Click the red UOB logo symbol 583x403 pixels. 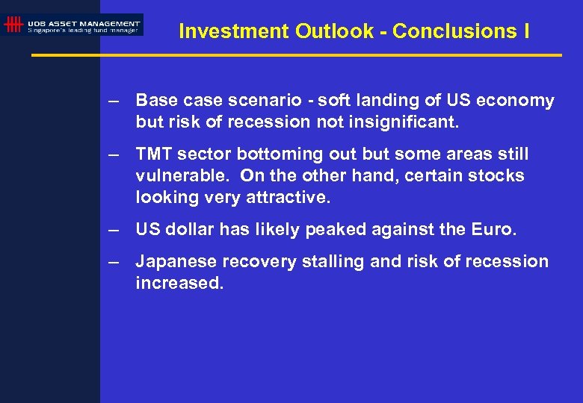[13, 25]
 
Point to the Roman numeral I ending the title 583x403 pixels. [527, 31]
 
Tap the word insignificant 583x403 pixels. [407, 122]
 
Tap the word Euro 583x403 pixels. [494, 230]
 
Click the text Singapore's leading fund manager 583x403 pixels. [83, 31]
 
